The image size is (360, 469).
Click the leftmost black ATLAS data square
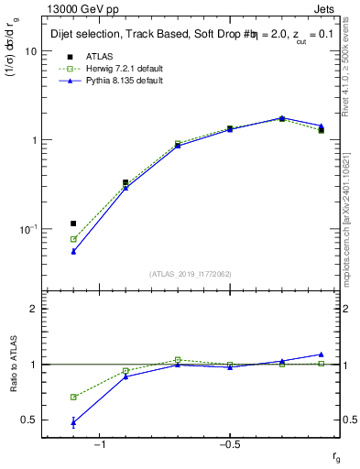(x=73, y=224)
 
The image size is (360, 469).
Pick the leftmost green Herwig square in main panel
(x=73, y=239)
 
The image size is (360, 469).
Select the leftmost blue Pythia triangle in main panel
(x=73, y=251)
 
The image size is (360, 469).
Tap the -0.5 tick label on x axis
(x=229, y=445)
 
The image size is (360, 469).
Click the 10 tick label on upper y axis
(x=29, y=51)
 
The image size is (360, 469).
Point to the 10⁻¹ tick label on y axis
(x=27, y=228)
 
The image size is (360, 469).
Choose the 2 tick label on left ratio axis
(x=34, y=309)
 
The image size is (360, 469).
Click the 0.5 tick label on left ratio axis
(x=28, y=420)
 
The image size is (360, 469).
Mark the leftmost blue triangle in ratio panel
(x=73, y=422)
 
